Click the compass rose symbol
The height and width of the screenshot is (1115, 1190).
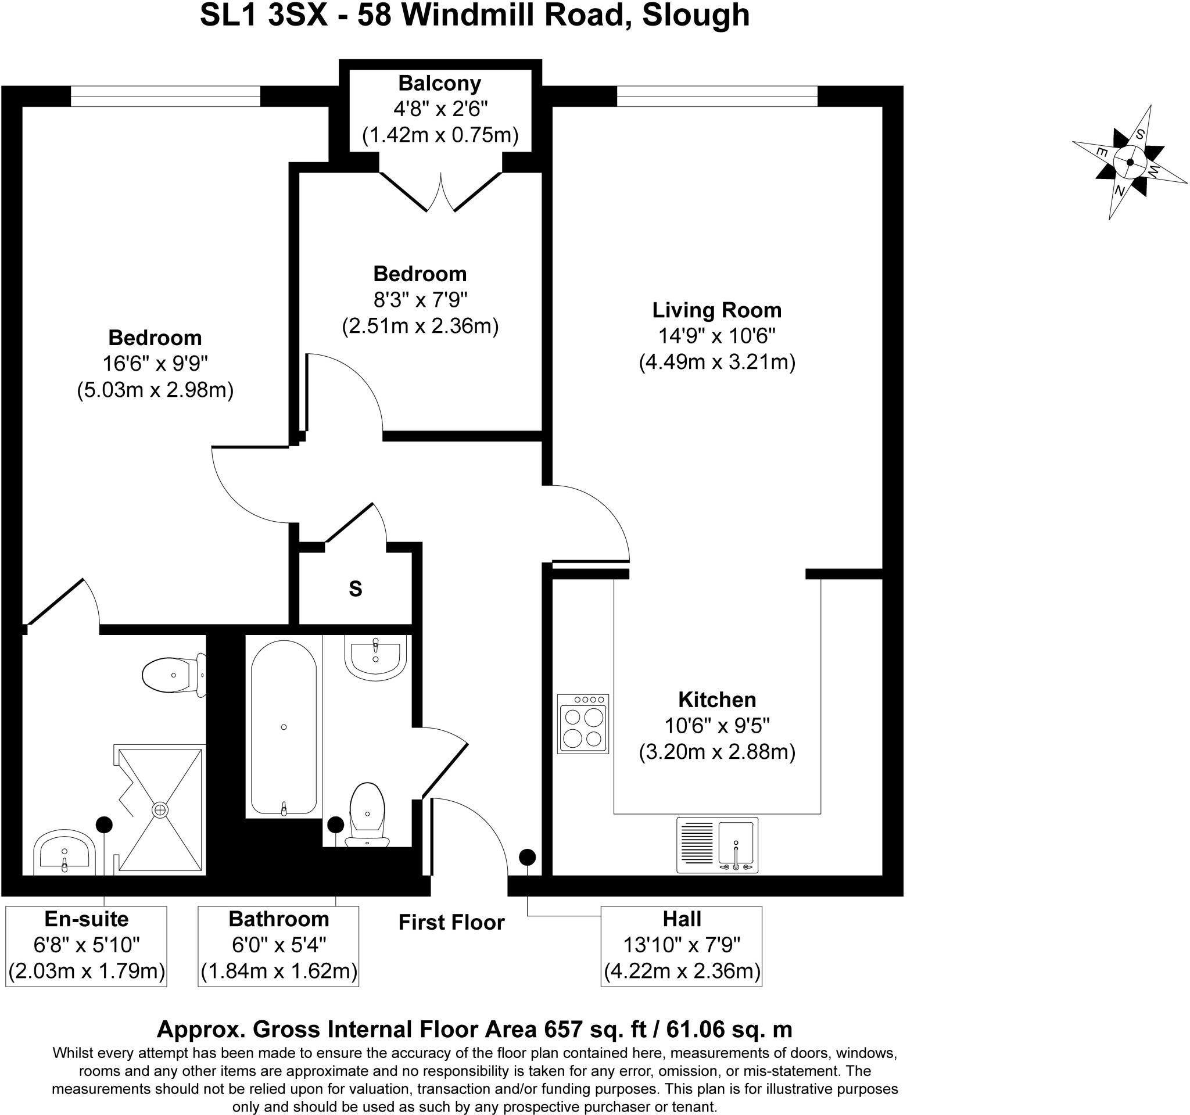1130,162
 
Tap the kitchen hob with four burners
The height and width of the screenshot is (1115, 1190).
582,723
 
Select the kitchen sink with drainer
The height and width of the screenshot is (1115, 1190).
717,845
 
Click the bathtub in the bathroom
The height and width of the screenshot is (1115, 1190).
283,728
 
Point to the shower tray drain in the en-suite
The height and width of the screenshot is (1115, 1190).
160,811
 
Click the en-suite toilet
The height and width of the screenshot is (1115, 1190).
174,675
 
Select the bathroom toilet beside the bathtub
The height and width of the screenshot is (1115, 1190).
367,814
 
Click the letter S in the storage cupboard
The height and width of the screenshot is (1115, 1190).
356,590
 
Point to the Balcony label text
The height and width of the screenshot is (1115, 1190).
439,83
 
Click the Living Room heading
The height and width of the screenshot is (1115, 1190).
716,310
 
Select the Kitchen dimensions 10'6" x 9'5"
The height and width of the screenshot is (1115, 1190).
716,726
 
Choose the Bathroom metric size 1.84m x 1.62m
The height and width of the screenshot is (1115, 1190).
278,971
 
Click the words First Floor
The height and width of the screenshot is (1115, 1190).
451,922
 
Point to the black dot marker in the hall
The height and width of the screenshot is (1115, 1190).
527,857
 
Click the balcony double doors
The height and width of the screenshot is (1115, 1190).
440,192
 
